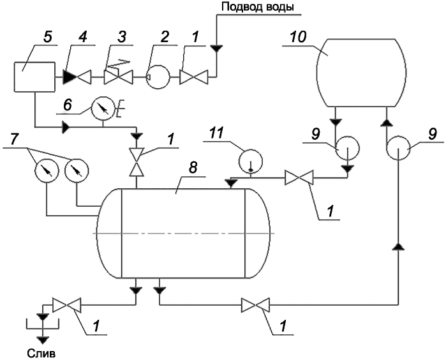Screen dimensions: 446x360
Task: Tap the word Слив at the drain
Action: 41,353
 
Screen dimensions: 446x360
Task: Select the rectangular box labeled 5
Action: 34,77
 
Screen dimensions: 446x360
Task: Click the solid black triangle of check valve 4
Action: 69,77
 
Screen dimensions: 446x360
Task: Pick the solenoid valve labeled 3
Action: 118,74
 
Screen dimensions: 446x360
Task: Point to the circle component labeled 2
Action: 158,77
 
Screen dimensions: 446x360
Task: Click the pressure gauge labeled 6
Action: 103,109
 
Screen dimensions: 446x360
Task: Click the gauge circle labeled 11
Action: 250,161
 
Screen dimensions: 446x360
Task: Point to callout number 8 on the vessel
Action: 193,168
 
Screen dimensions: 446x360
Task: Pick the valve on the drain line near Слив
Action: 66,305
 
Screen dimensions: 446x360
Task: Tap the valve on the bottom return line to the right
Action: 255,305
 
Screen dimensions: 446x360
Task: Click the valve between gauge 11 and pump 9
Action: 299,177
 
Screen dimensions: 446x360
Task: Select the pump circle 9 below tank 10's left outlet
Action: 348,148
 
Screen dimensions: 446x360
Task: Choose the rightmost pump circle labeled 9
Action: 398,148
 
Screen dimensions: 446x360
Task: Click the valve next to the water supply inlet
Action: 194,77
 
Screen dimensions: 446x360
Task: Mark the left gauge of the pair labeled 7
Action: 47,170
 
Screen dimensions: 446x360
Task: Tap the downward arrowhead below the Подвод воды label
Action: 216,49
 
